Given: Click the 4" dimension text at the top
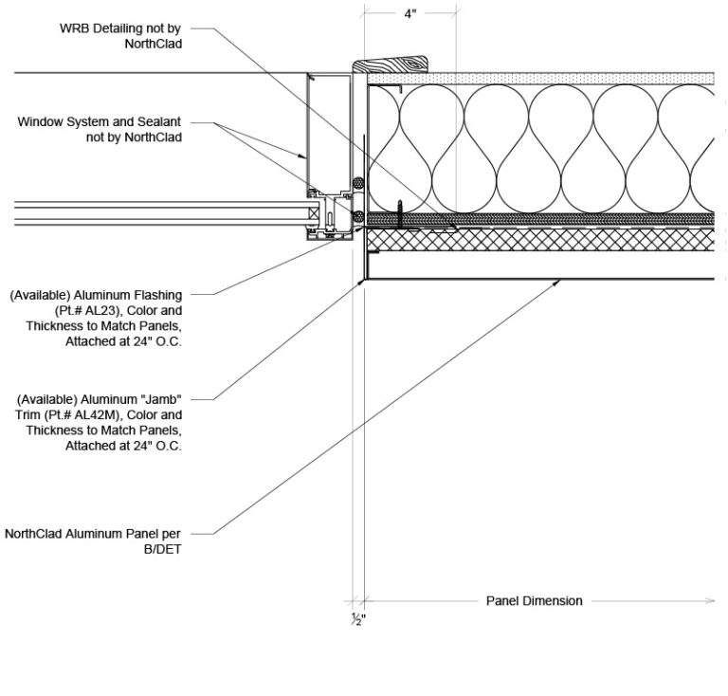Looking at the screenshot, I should [409, 16].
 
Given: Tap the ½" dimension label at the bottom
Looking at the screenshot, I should [358, 620].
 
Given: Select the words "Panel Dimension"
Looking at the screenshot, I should [534, 600].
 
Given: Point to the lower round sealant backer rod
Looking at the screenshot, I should [356, 217].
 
